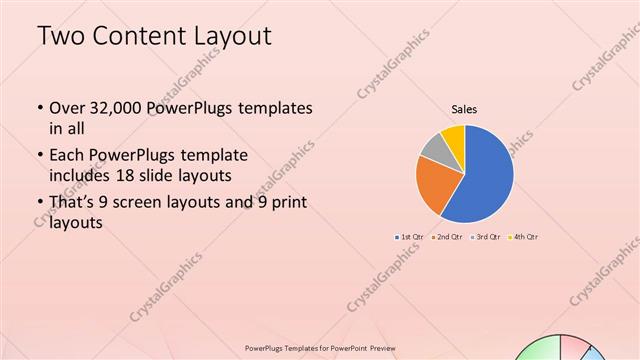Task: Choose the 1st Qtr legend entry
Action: point(410,237)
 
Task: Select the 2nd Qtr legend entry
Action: point(447,237)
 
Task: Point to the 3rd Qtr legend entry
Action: point(486,237)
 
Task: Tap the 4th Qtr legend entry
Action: point(524,237)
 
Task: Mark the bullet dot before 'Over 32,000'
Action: point(39,108)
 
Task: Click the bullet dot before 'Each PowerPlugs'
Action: point(39,156)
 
